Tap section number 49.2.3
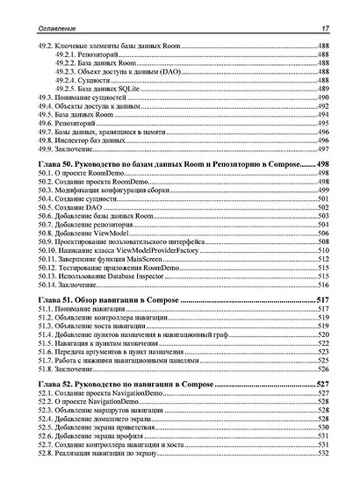pyautogui.click(x=69, y=71)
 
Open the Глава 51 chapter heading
pyautogui.click(x=105, y=300)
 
